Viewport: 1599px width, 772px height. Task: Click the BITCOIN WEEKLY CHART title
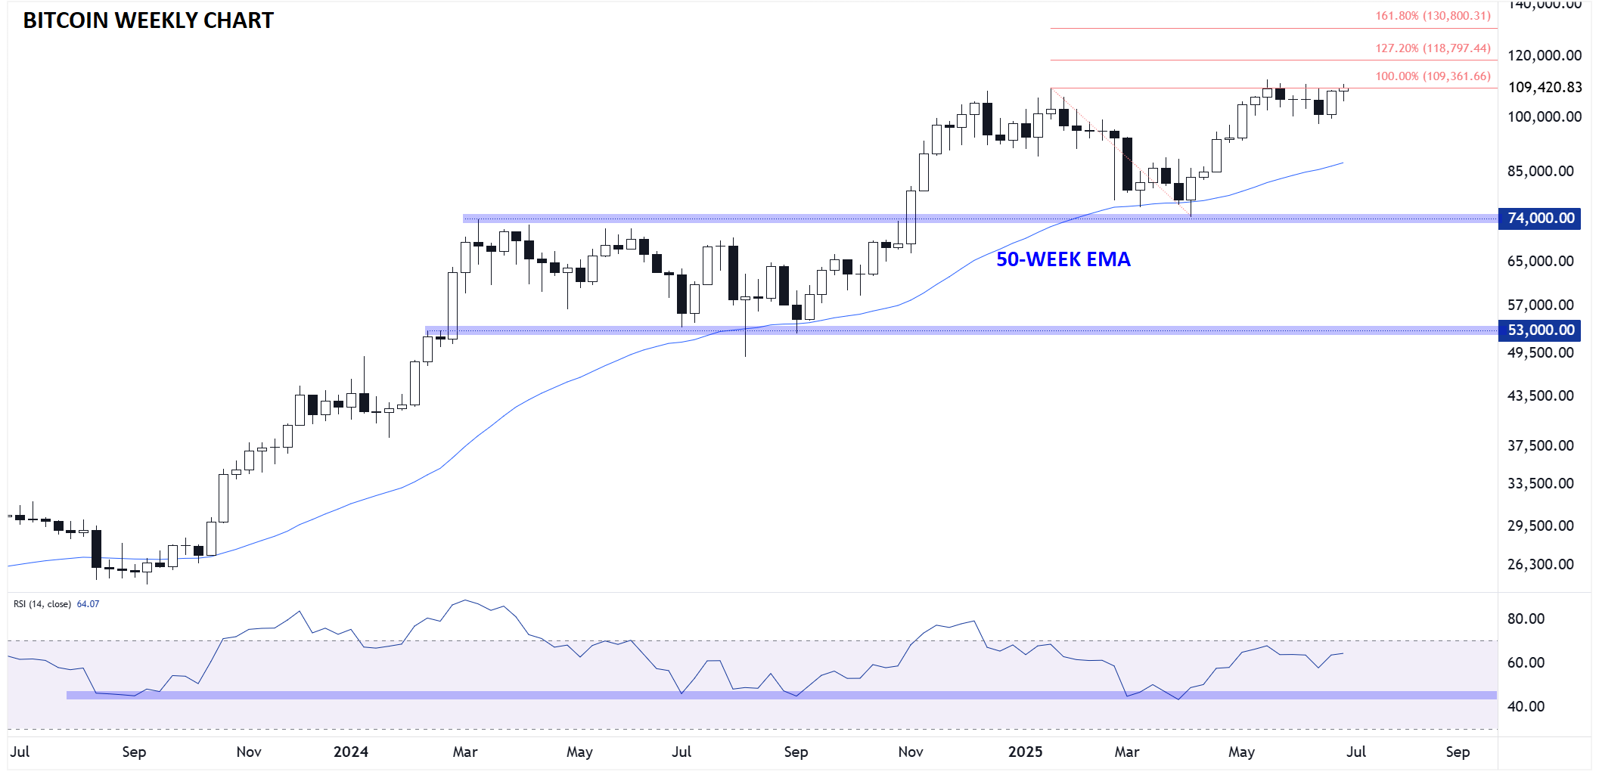[x=148, y=20]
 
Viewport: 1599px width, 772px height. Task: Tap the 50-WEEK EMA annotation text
[x=1063, y=259]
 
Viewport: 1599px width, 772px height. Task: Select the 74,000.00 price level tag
[x=1540, y=219]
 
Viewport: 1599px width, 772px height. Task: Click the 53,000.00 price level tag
[x=1540, y=330]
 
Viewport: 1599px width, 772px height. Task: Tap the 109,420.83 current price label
[x=1545, y=87]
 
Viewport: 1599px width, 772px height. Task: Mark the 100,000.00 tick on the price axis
[x=1545, y=116]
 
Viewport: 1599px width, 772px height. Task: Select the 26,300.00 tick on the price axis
[x=1540, y=564]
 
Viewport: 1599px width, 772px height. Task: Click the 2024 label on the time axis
[x=351, y=752]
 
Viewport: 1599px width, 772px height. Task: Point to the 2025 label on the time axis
[x=1025, y=752]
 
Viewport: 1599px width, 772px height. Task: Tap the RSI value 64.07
[x=88, y=604]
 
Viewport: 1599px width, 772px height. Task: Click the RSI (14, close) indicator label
[x=42, y=604]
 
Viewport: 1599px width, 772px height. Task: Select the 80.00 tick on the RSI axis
[x=1526, y=619]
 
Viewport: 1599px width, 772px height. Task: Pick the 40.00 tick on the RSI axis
[x=1526, y=706]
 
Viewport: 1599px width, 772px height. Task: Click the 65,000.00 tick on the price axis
[x=1540, y=261]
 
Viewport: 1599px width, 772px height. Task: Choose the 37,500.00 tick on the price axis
[x=1540, y=445]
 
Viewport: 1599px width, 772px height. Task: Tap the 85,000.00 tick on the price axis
[x=1540, y=171]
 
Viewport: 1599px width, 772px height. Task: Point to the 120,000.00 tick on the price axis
[x=1545, y=55]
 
